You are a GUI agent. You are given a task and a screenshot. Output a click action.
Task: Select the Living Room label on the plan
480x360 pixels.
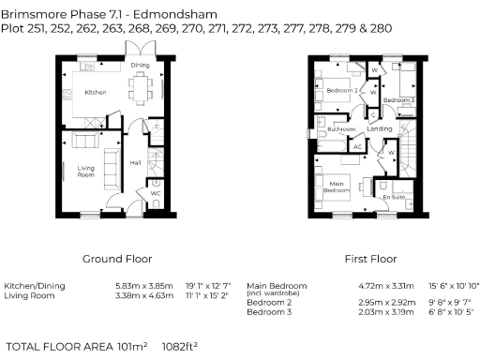tap(87, 172)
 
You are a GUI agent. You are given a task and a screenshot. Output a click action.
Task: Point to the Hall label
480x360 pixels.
tap(136, 161)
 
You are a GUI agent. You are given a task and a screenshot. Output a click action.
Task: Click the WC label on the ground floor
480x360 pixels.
tap(156, 194)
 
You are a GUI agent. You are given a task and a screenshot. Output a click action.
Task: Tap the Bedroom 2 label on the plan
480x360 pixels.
tap(342, 90)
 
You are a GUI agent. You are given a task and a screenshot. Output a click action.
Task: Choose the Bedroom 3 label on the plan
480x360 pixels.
tap(399, 99)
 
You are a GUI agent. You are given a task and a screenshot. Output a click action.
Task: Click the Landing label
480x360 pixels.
tap(380, 128)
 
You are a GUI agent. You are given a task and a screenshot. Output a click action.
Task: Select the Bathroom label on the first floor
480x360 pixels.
tap(341, 129)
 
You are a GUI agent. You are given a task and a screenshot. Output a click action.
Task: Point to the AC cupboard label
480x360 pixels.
tap(357, 146)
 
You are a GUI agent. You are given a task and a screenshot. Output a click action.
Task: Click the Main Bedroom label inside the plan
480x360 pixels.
tap(334, 187)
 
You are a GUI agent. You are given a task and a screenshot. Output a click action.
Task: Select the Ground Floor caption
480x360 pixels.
tap(117, 258)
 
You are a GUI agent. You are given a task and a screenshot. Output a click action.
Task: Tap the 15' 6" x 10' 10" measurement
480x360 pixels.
tap(454, 285)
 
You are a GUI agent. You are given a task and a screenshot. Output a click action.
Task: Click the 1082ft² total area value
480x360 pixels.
tap(179, 346)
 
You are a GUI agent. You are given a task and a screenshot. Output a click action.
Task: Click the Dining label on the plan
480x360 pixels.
tap(140, 65)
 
